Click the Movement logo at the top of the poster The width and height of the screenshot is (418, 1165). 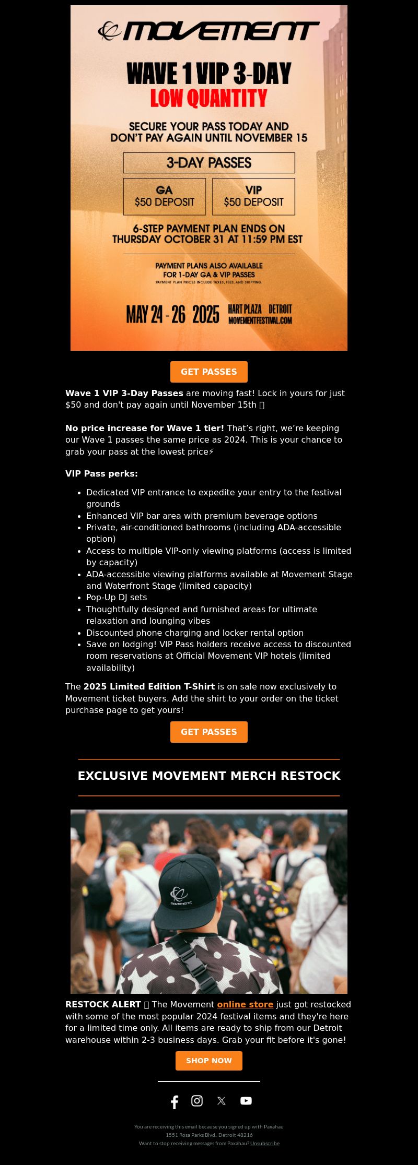[x=208, y=31]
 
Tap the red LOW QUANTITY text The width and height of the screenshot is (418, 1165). [x=208, y=98]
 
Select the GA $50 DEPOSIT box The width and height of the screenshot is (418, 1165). [x=164, y=196]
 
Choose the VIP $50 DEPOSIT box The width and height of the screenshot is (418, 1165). [x=253, y=196]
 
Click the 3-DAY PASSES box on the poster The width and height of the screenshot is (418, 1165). [x=208, y=163]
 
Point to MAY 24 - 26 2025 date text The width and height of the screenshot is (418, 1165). [x=172, y=315]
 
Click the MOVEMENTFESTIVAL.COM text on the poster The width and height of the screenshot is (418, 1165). [x=260, y=320]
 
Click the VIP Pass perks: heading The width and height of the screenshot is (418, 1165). [x=101, y=473]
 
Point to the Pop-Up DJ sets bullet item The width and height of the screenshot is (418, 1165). [x=117, y=597]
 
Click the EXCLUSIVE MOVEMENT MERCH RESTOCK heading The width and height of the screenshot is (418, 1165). [x=209, y=776]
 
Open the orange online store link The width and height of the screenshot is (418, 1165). [x=245, y=1004]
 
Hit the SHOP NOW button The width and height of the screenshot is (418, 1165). [x=208, y=1061]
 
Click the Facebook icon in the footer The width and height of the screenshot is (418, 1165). [x=175, y=1102]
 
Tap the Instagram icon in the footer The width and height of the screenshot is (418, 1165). [x=197, y=1101]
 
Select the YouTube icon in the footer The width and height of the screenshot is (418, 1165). [x=246, y=1101]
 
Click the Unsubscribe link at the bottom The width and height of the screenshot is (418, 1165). [x=264, y=1143]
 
